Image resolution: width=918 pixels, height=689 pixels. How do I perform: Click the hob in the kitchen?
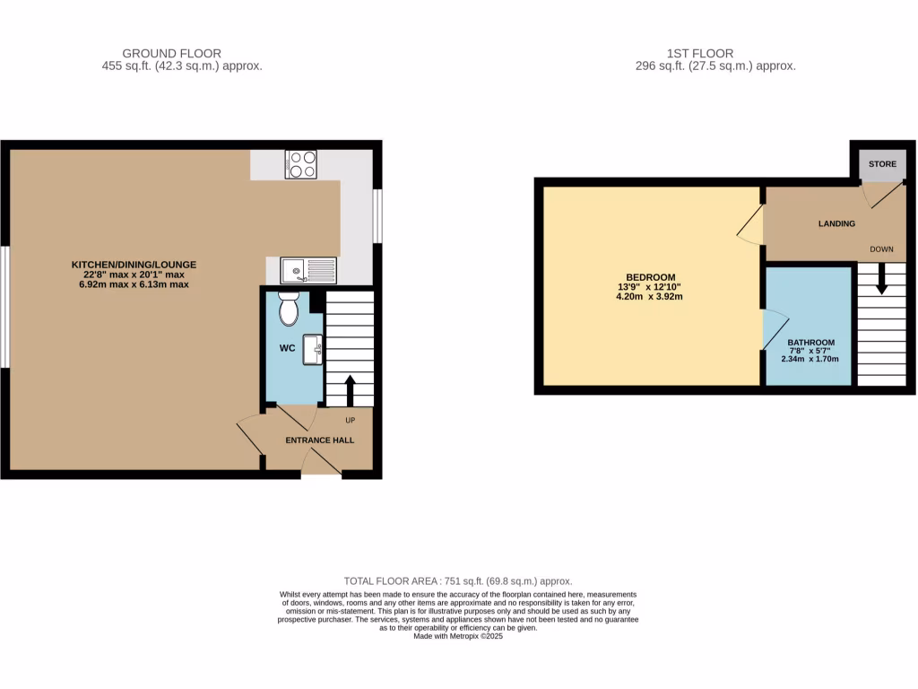301,164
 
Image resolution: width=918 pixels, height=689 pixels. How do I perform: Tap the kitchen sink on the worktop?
308,270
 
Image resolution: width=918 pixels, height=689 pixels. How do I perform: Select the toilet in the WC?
289,309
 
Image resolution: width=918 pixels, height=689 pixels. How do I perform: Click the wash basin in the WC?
314,349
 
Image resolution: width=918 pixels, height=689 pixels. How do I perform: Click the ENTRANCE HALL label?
319,440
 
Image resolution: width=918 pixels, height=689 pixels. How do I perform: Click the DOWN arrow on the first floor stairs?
881,277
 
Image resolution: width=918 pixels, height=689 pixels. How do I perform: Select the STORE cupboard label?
882,164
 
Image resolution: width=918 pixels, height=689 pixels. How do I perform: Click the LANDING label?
836,223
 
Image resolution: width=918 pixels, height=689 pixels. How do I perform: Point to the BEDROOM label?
651,276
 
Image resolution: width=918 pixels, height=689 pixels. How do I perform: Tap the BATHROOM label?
810,342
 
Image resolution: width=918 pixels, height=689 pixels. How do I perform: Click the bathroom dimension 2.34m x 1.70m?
810,359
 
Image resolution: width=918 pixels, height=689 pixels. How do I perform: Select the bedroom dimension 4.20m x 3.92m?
651,296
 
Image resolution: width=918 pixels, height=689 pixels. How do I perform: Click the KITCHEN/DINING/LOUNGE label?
134,264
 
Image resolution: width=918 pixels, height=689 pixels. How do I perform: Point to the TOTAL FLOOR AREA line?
458,580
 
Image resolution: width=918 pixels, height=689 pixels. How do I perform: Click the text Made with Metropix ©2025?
458,637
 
